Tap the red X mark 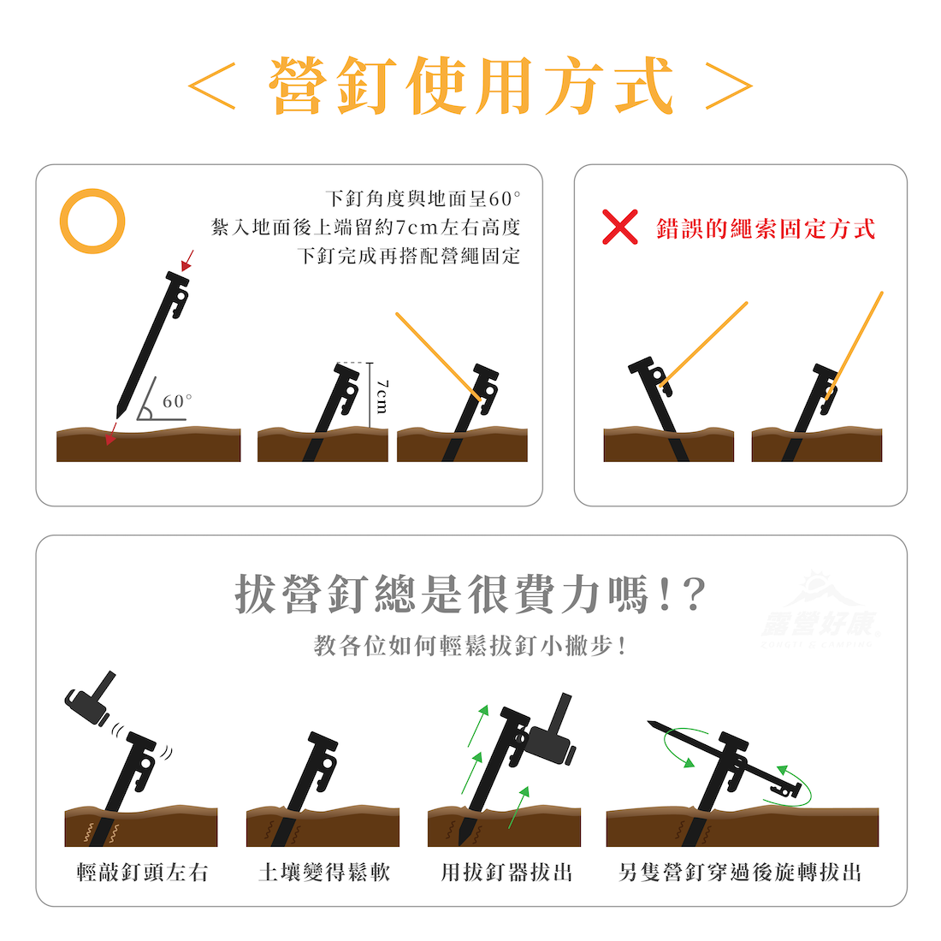pos(619,227)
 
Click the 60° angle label pos(178,401)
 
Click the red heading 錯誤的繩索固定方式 pos(766,228)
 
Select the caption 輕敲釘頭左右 pos(142,872)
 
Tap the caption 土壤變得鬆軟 pos(324,872)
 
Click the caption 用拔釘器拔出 pos(506,872)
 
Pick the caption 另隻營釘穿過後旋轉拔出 pos(740,872)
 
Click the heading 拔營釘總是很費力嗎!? pos(470,595)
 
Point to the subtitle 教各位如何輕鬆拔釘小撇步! pos(470,646)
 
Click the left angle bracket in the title pos(211,86)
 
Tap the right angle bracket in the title pos(729,86)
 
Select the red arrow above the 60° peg pos(187,260)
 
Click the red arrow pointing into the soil pos(111,434)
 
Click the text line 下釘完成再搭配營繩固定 pos(409,257)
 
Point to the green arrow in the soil pos(518,808)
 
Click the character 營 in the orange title pos(299,86)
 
